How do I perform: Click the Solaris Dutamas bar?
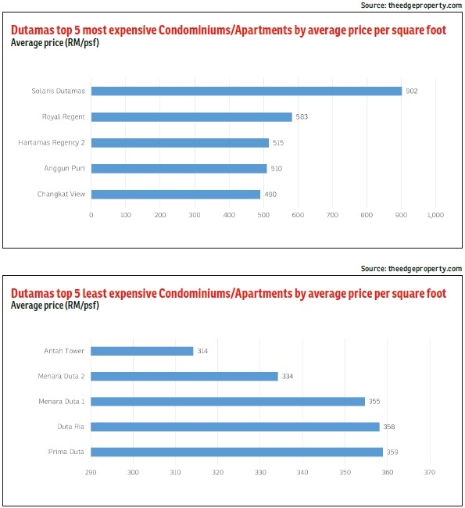point(246,91)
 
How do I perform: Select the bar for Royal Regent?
point(191,117)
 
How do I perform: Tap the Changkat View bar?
point(176,195)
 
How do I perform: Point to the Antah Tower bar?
point(142,351)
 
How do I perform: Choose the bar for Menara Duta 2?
point(184,376)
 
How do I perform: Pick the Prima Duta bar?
point(237,452)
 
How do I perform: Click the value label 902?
point(412,91)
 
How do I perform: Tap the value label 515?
point(278,142)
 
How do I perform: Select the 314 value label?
point(202,351)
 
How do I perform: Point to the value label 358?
point(389,427)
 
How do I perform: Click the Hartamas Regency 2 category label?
point(52,142)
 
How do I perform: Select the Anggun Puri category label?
point(65,169)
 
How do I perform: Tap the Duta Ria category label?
point(70,427)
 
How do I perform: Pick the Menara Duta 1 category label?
point(62,402)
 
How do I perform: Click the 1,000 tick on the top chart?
point(435,215)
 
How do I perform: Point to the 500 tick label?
point(263,215)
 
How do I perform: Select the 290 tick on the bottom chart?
point(91,472)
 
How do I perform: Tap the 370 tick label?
point(430,472)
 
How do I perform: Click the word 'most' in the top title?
point(95,30)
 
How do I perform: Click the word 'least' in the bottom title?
point(95,293)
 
